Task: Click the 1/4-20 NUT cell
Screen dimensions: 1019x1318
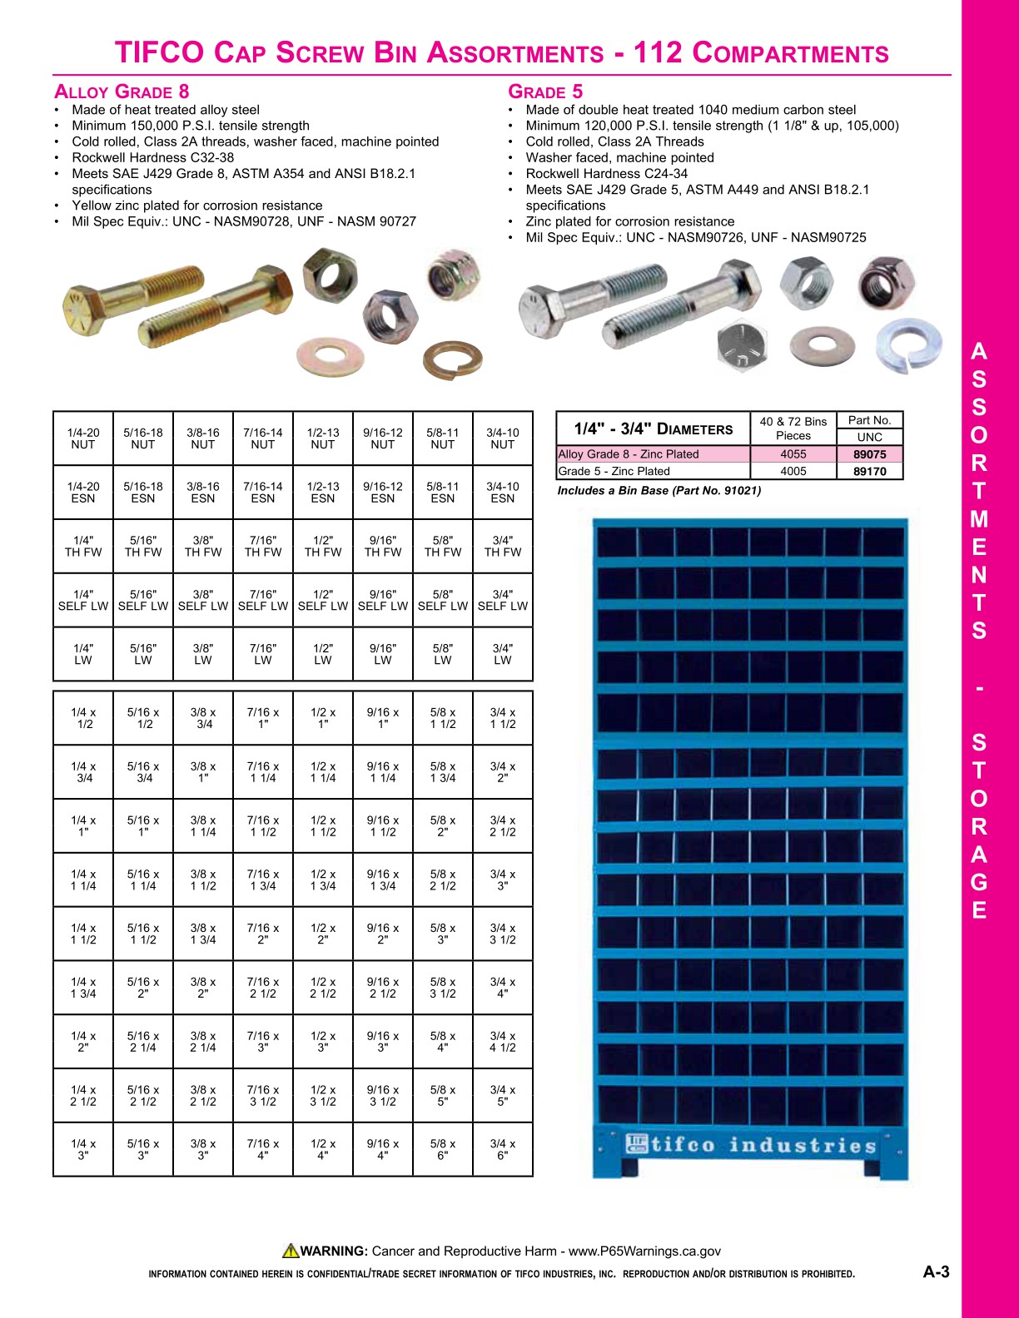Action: (x=83, y=439)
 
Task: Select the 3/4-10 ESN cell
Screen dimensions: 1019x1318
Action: (x=503, y=493)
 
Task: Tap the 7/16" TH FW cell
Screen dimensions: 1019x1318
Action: (x=263, y=546)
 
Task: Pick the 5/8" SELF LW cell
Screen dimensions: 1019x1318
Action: (x=443, y=600)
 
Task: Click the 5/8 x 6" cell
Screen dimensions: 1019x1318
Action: (x=443, y=1149)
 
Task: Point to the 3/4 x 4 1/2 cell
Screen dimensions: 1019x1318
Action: (x=503, y=1042)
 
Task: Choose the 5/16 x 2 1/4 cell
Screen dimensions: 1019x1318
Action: (x=143, y=1042)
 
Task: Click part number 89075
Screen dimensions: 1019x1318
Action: (x=869, y=454)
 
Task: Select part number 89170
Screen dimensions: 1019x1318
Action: (x=869, y=471)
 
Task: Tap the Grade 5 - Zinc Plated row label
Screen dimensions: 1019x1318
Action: (x=614, y=471)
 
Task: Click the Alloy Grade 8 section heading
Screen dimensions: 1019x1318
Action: (x=122, y=92)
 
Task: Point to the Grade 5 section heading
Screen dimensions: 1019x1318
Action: (x=545, y=92)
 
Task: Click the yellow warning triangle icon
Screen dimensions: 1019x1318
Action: (x=290, y=1250)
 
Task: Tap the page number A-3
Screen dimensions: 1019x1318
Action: (x=936, y=1271)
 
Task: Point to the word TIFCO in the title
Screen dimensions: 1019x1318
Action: (x=159, y=53)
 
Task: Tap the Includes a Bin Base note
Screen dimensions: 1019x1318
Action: (x=659, y=490)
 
